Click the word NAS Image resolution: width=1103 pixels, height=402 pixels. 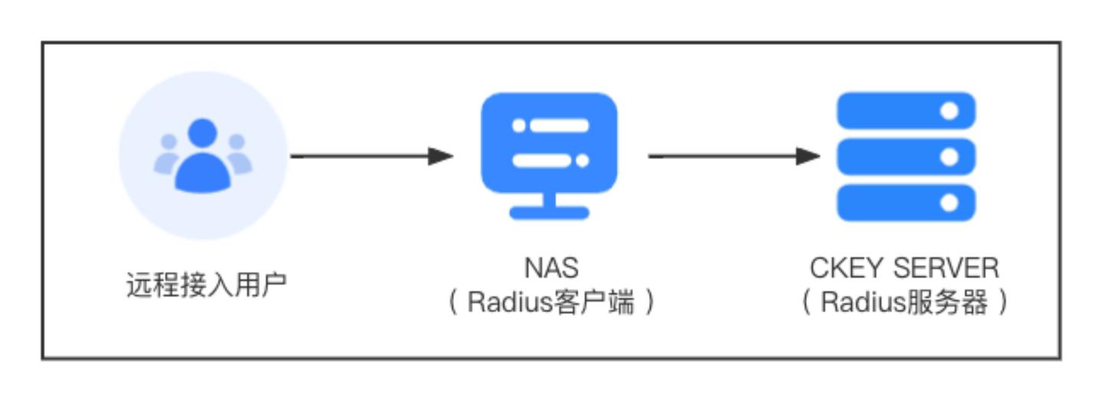551,269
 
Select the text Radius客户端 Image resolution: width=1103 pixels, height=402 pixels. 551,304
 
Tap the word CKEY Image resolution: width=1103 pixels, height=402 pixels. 844,269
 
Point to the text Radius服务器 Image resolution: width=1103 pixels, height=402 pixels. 905,304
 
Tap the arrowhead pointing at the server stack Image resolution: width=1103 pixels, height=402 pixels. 808,156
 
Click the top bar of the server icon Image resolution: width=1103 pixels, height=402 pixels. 905,111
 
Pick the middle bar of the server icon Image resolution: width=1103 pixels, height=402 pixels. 905,157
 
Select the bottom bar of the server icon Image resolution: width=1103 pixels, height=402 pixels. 905,203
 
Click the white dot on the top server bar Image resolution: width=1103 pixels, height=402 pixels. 949,111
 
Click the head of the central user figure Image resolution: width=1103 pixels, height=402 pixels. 203,135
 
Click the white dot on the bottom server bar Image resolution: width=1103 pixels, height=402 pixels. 949,203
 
